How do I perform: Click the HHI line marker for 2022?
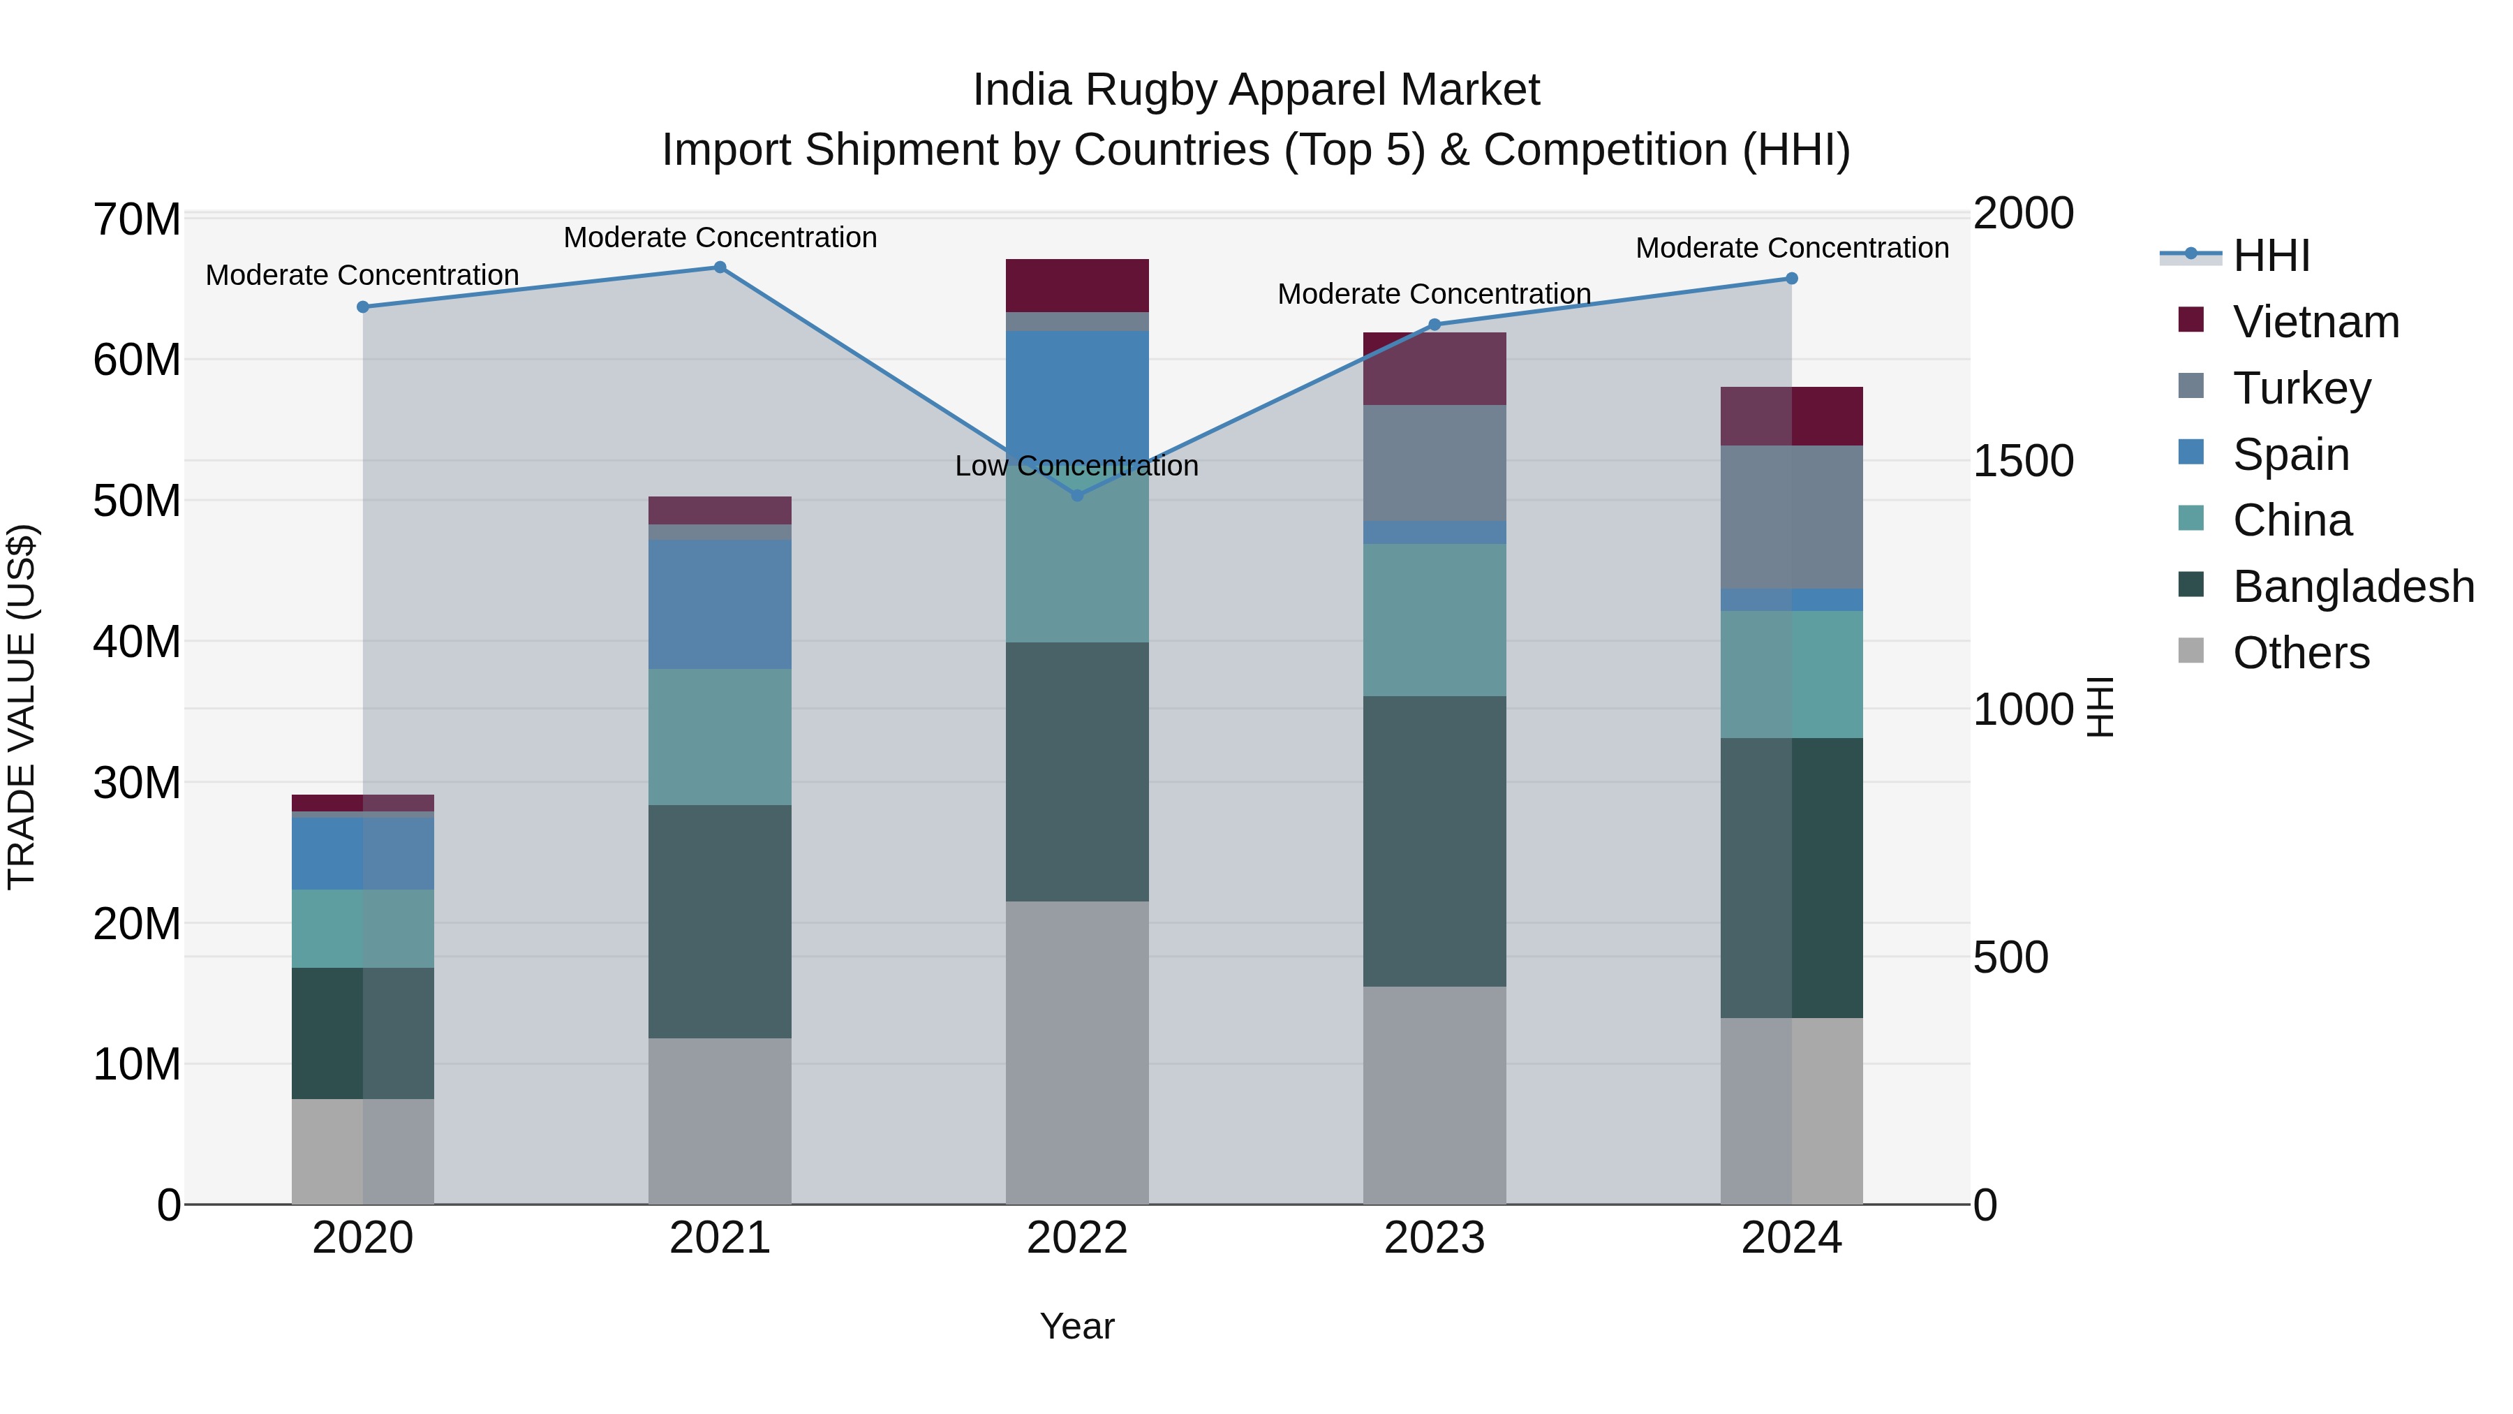1077,496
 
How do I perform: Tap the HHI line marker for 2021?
720,267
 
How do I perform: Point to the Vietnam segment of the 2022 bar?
1077,286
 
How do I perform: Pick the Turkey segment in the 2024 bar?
1791,517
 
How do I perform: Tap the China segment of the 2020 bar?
363,928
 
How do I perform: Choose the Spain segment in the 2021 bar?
720,604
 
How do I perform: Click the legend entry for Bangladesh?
2353,587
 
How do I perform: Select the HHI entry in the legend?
2271,256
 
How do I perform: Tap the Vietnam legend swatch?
2191,320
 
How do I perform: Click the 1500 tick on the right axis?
2023,461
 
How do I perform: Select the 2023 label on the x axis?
1434,1238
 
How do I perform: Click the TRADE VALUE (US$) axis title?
22,707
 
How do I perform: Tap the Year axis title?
1077,1326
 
